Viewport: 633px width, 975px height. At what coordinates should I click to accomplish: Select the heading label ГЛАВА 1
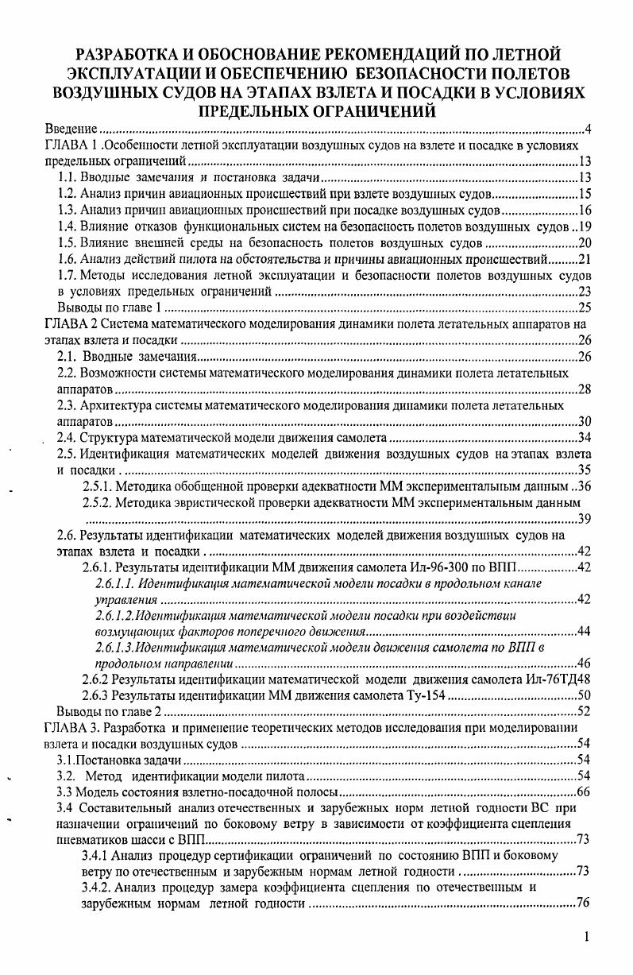75,145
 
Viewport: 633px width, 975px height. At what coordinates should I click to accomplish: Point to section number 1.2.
69,194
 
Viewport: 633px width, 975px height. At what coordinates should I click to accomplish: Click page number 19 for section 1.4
585,226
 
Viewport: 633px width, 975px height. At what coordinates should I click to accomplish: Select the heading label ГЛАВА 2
75,324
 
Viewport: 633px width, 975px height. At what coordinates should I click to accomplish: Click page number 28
584,389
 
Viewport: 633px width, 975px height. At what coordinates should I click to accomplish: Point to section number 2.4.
69,438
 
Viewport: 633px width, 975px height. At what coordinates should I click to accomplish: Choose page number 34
584,438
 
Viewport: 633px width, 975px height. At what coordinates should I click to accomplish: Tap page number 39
584,519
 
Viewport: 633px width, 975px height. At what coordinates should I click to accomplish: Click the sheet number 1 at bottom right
586,938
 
